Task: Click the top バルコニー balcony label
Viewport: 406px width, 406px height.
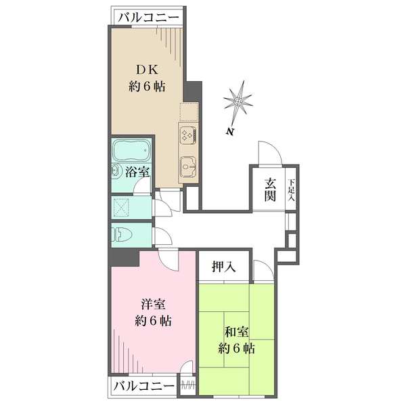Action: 148,17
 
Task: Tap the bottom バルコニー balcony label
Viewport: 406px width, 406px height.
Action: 143,387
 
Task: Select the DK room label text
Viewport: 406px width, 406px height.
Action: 148,68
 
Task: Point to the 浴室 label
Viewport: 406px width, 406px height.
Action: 138,172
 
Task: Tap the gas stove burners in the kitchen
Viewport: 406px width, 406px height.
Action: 188,133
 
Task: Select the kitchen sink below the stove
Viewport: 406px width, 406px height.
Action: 188,164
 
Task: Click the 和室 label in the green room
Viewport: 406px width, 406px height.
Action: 236,332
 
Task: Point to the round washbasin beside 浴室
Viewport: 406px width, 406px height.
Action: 116,171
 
